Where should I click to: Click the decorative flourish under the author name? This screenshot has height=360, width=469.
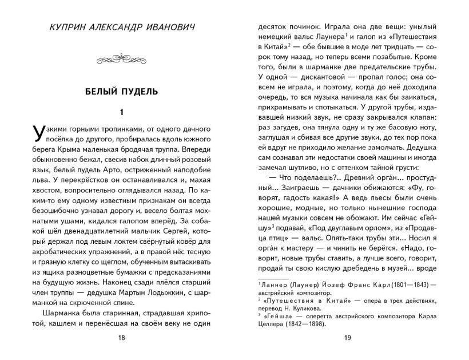(121, 58)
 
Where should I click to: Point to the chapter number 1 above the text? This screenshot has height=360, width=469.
(121, 112)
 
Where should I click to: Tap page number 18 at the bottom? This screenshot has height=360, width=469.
(121, 338)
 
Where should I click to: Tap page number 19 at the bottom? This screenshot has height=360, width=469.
(347, 338)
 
